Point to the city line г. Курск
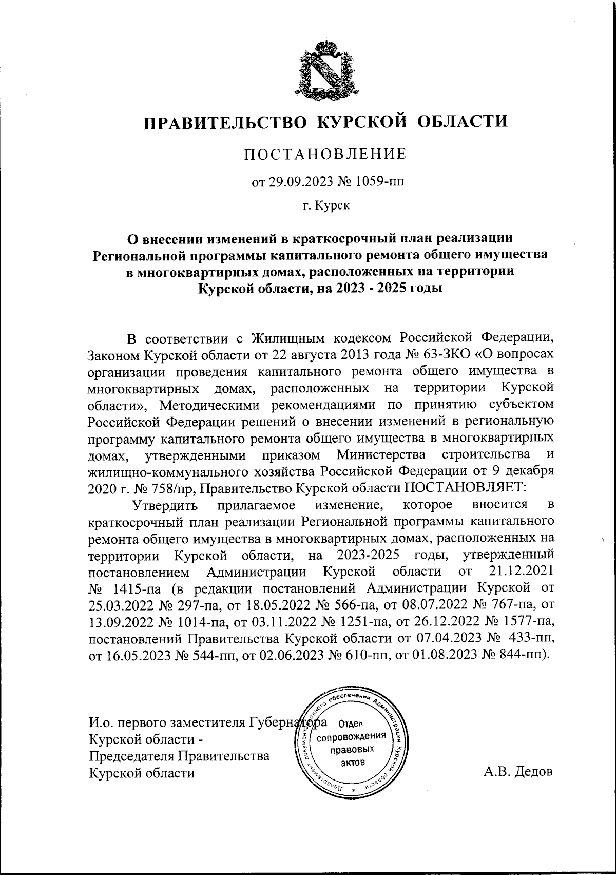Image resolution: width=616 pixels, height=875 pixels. pos(326,206)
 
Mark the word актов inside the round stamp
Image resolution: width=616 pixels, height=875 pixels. pos(352,762)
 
